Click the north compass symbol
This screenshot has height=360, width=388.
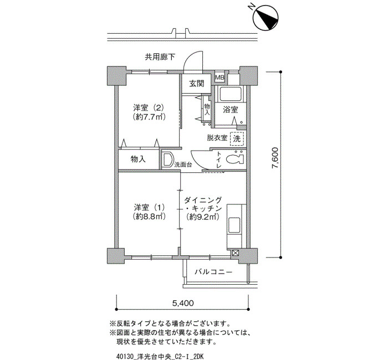(x=266, y=18)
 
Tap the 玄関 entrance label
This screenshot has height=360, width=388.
(x=197, y=84)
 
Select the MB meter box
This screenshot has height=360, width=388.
(x=219, y=78)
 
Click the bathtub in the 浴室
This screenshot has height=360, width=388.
(x=231, y=94)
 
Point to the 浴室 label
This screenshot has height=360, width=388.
(x=231, y=110)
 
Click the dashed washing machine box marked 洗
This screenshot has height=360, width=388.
(x=237, y=138)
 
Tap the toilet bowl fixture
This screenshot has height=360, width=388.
(x=234, y=159)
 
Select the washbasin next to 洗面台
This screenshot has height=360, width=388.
(x=167, y=160)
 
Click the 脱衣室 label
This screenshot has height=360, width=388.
(x=217, y=138)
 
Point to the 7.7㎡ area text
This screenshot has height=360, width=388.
(x=149, y=116)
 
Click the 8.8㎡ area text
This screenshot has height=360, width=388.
(x=149, y=217)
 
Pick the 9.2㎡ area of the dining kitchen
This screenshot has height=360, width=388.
(x=203, y=217)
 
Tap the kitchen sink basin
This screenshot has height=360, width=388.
(x=234, y=225)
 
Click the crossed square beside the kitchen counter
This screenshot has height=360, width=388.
(x=236, y=253)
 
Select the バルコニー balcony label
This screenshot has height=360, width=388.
(x=213, y=272)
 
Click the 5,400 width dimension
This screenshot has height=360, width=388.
(x=183, y=303)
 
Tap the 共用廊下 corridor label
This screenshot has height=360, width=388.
(x=160, y=57)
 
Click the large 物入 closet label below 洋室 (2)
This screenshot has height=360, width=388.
(x=139, y=160)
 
